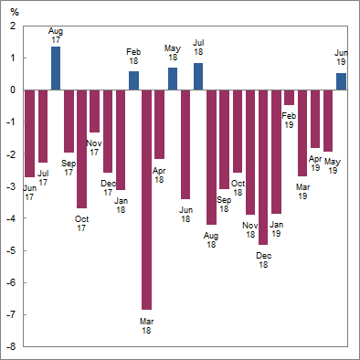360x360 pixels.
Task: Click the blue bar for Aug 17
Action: [x=56, y=69]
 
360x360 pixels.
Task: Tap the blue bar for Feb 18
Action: [x=133, y=80]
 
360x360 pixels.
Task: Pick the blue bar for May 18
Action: [x=172, y=79]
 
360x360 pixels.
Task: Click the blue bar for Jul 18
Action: [x=198, y=77]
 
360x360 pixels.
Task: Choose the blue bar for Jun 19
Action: [x=341, y=81]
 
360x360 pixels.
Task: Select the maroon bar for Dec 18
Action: [x=263, y=167]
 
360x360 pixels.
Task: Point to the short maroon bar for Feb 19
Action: [x=289, y=98]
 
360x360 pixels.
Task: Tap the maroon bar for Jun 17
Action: [x=29, y=132]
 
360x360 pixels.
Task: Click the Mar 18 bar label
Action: [x=146, y=325]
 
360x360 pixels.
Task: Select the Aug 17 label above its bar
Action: [x=56, y=36]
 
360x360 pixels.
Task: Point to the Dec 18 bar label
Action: [x=263, y=259]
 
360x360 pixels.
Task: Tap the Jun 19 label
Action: [x=341, y=58]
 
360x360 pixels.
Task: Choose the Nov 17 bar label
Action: [x=94, y=147]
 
